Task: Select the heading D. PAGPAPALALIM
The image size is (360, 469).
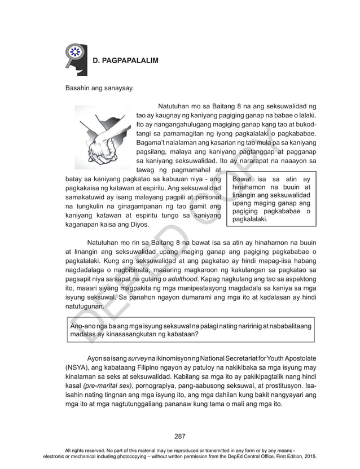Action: coord(125,60)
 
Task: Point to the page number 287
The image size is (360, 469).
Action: coord(180,436)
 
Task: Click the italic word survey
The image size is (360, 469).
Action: coord(138,358)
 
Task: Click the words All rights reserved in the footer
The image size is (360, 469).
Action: coord(89,450)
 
